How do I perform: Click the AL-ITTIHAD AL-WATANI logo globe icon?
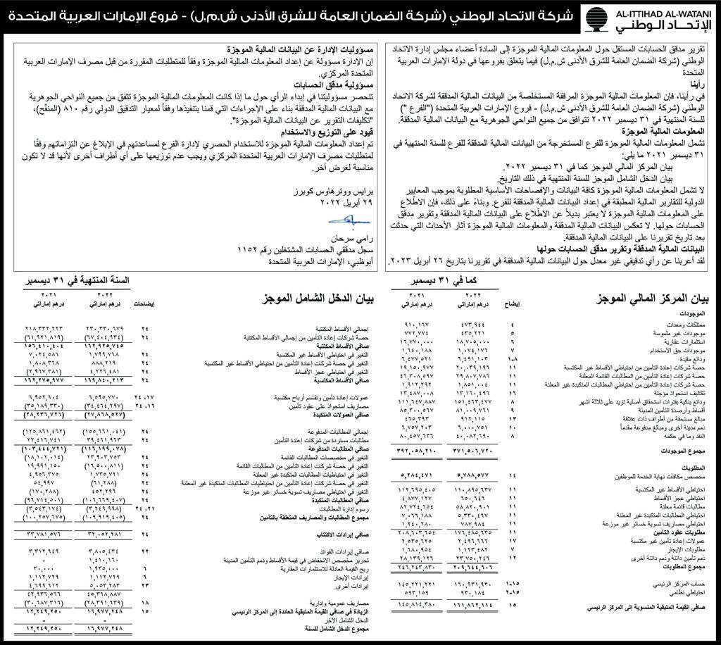click(596, 19)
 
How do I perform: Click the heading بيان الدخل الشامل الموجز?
click(314, 299)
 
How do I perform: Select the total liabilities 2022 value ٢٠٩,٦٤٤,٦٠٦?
click(476, 566)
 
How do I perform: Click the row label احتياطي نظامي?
click(693, 594)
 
